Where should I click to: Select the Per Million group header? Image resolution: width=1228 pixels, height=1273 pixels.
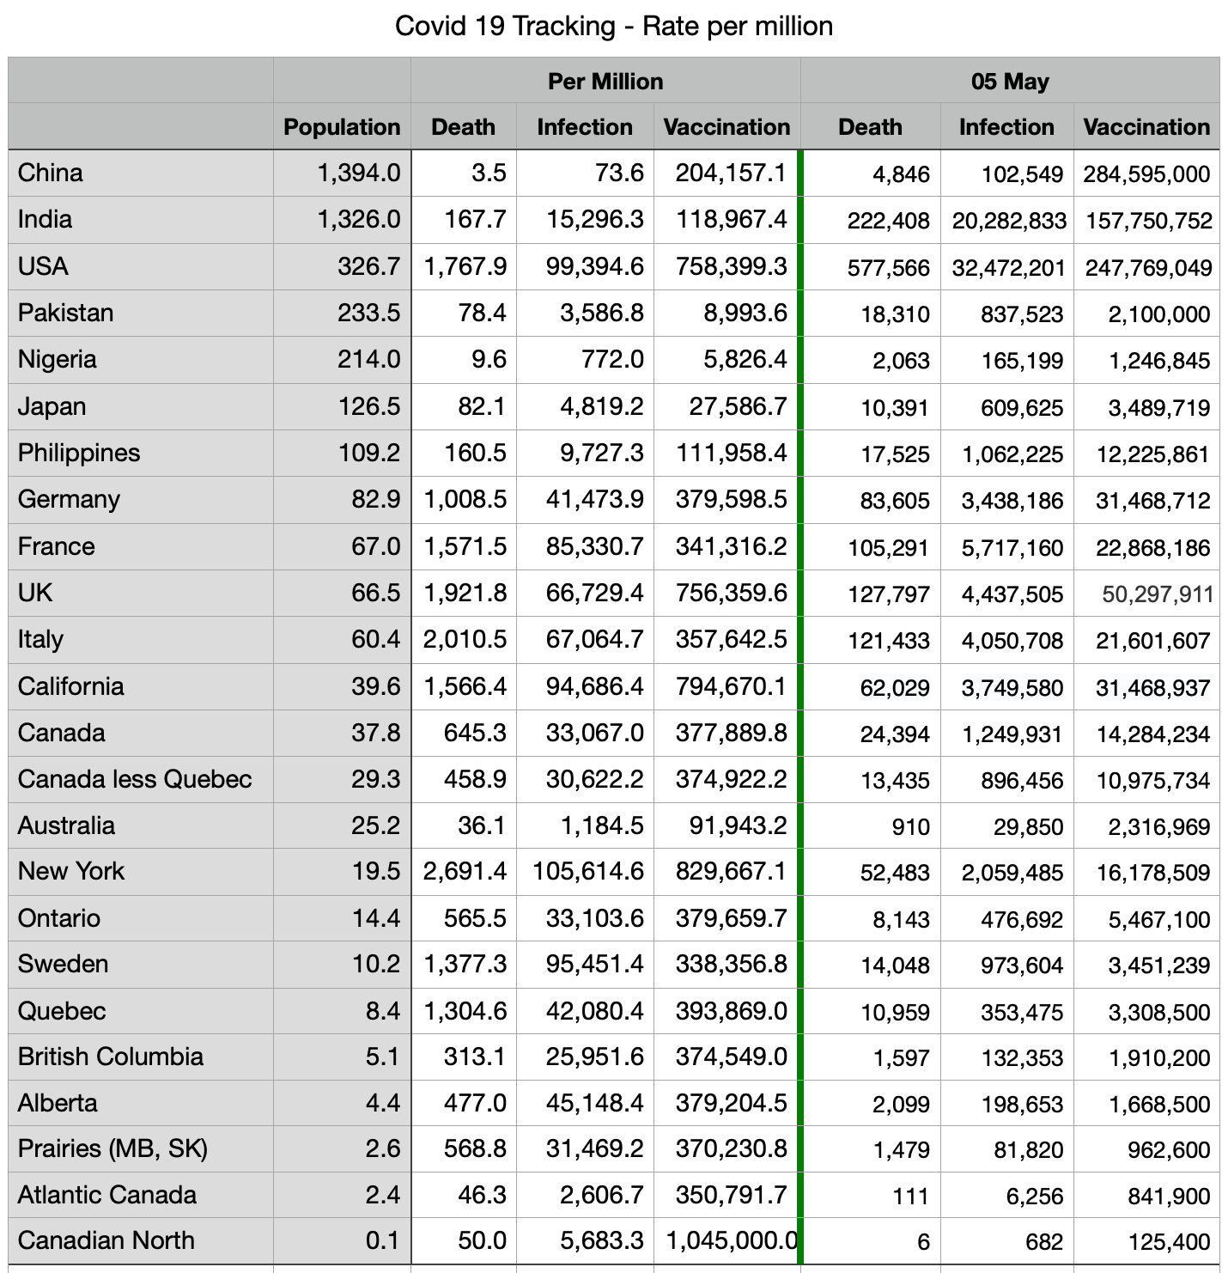(605, 82)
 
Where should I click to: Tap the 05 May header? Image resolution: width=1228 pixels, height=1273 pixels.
(1010, 82)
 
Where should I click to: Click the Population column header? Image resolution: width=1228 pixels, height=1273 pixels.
(342, 127)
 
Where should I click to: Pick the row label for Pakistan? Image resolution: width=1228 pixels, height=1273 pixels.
(65, 313)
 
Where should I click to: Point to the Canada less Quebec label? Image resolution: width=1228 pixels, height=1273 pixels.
(135, 779)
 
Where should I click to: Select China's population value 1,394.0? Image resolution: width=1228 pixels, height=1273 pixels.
(359, 174)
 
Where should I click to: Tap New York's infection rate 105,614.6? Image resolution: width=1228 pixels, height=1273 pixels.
(588, 872)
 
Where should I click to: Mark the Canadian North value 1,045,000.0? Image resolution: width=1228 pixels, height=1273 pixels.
(732, 1241)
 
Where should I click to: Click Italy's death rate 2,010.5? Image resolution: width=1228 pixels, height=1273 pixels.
(465, 640)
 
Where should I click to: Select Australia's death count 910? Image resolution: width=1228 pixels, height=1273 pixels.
(910, 826)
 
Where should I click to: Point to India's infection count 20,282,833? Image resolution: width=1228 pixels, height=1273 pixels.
(1009, 221)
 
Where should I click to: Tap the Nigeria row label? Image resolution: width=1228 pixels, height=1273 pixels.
(57, 359)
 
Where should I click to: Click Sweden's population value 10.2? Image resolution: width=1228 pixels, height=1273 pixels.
(376, 965)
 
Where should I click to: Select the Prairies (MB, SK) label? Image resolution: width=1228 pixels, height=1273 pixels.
(112, 1149)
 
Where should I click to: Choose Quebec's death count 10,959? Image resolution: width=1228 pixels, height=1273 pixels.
(895, 1012)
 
